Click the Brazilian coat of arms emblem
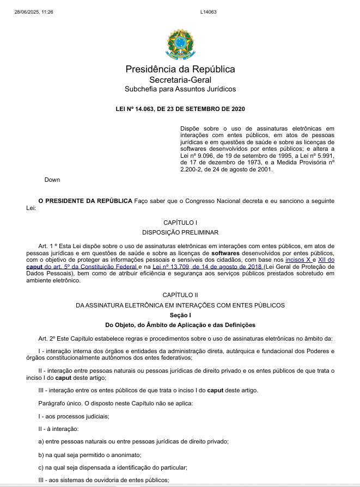pyautogui.click(x=180, y=44)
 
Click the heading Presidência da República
pyautogui.click(x=180, y=69)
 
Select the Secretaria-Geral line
pyautogui.click(x=180, y=79)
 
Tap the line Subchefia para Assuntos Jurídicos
pyautogui.click(x=180, y=89)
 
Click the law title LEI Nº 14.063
pyautogui.click(x=180, y=109)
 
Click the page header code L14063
pyautogui.click(x=208, y=11)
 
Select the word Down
pyautogui.click(x=52, y=180)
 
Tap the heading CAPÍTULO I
pyautogui.click(x=180, y=223)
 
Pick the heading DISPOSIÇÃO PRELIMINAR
pyautogui.click(x=180, y=232)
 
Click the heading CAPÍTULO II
pyautogui.click(x=180, y=294)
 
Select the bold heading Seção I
pyautogui.click(x=180, y=315)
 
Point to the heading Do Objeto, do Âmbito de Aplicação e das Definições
pyautogui.click(x=180, y=325)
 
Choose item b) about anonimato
pyautogui.click(x=90, y=454)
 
